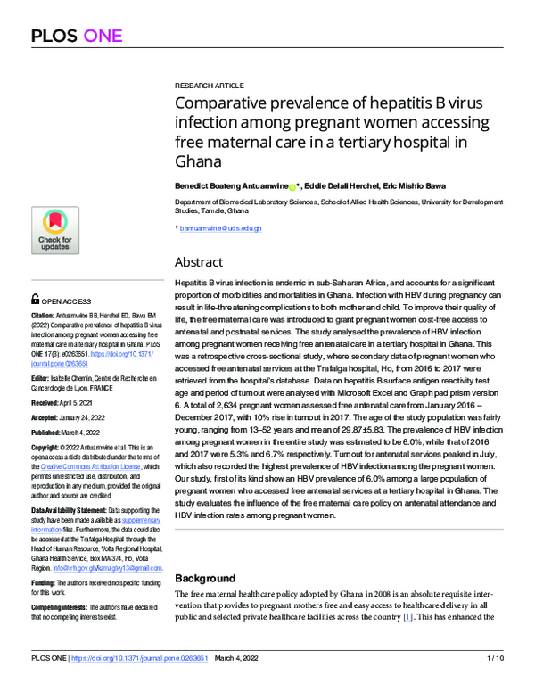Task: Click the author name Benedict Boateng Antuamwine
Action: [x=231, y=186]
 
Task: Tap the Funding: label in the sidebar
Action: [x=44, y=582]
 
